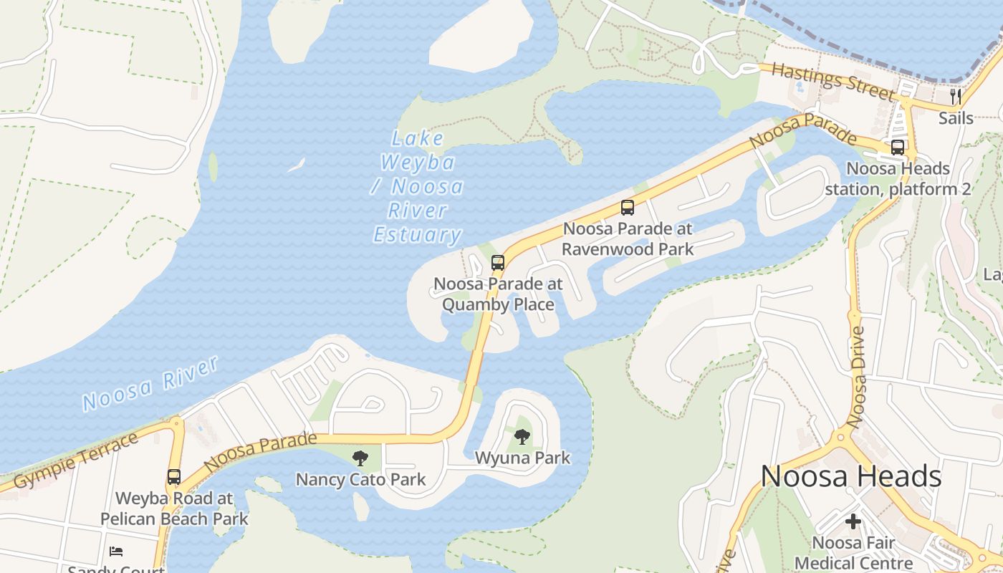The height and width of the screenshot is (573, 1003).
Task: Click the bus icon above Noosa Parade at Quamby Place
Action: click(498, 263)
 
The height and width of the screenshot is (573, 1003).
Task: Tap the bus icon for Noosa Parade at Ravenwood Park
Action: click(628, 208)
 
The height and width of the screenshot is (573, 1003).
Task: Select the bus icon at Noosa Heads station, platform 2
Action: click(898, 148)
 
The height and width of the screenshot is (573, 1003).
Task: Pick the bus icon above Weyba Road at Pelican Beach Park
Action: click(174, 477)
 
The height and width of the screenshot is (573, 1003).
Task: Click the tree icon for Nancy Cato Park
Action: click(360, 458)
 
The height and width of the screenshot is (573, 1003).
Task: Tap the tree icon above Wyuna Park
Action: click(522, 436)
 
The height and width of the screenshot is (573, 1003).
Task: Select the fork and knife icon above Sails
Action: click(956, 97)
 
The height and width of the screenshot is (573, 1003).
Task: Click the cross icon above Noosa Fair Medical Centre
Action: click(853, 521)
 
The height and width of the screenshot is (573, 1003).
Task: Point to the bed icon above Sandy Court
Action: click(116, 551)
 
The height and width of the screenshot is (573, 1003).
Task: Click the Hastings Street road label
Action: click(834, 81)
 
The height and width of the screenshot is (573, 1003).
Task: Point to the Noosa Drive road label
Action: click(856, 377)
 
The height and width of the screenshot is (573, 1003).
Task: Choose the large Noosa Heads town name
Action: click(851, 476)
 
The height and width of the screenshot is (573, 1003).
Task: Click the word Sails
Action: click(956, 118)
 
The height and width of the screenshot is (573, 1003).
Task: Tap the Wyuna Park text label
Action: click(522, 458)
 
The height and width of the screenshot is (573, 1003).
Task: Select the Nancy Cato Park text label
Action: click(361, 479)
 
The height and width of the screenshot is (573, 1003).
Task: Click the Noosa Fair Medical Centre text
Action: click(853, 553)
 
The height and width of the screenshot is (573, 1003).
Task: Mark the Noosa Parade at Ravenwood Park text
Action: click(628, 239)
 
